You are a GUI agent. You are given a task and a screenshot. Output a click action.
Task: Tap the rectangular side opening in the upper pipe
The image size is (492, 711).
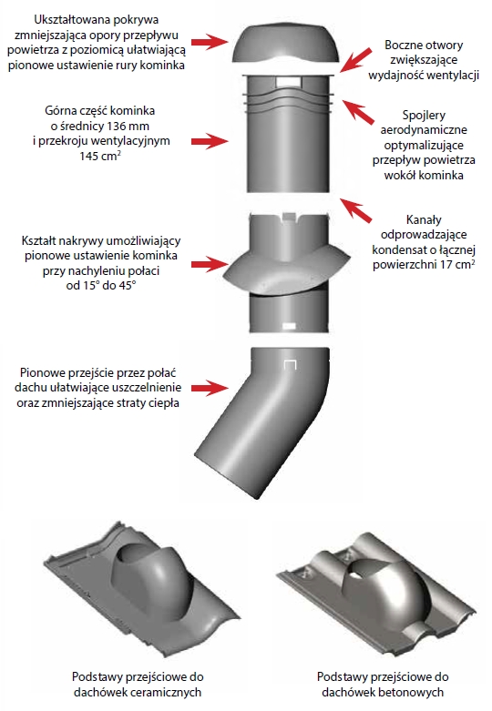coord(288,82)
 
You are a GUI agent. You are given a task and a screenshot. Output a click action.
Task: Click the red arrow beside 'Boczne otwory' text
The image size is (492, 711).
coord(357,60)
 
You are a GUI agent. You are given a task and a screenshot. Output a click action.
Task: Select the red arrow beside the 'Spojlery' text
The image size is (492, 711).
coord(358,112)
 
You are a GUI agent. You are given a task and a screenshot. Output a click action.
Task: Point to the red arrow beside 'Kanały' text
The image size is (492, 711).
coord(356,210)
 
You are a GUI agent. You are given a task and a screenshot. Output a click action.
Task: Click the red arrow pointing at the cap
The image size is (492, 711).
coord(210,42)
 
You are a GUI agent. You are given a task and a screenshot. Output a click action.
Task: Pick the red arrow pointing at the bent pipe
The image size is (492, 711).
coord(210,388)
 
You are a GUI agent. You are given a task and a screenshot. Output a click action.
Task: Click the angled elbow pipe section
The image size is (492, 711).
coord(261,422)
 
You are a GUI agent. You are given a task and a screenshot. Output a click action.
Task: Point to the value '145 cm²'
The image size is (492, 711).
coord(100,156)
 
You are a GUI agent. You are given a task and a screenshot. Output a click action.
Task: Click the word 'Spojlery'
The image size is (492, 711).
coord(424,115)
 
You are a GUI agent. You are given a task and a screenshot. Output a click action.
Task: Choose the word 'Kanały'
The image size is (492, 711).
coord(424,219)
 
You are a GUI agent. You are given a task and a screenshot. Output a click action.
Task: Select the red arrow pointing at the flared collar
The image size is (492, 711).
coord(210,264)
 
